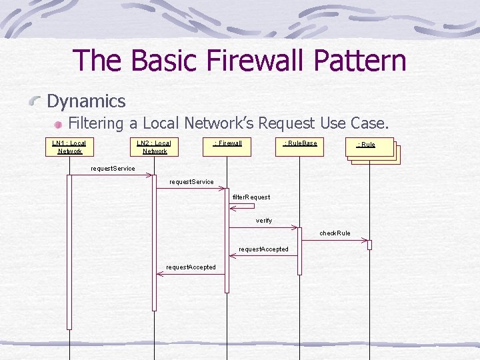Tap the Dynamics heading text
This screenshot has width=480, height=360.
[x=86, y=101]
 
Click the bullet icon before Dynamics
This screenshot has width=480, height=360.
[x=37, y=102]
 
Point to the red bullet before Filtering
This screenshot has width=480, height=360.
[x=59, y=124]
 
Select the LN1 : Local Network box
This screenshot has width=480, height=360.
[x=69, y=147]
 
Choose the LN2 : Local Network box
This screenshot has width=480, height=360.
[x=153, y=147]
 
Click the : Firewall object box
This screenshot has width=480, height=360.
[x=227, y=147]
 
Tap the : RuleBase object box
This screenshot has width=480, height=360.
[x=300, y=147]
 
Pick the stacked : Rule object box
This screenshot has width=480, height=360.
[x=371, y=148]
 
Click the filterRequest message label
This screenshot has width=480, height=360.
[x=251, y=197]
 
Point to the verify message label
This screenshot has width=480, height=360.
[x=264, y=221]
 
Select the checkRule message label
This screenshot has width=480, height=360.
[x=335, y=233]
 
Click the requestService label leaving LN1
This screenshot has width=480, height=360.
[x=112, y=168]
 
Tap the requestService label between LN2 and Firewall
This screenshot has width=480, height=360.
[x=191, y=182]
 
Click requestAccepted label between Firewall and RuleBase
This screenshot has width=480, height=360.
[x=264, y=249]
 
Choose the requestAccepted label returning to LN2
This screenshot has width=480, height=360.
[x=191, y=267]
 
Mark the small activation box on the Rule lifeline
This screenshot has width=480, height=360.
[x=369, y=245]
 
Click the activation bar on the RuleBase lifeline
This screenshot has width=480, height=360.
[x=299, y=251]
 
